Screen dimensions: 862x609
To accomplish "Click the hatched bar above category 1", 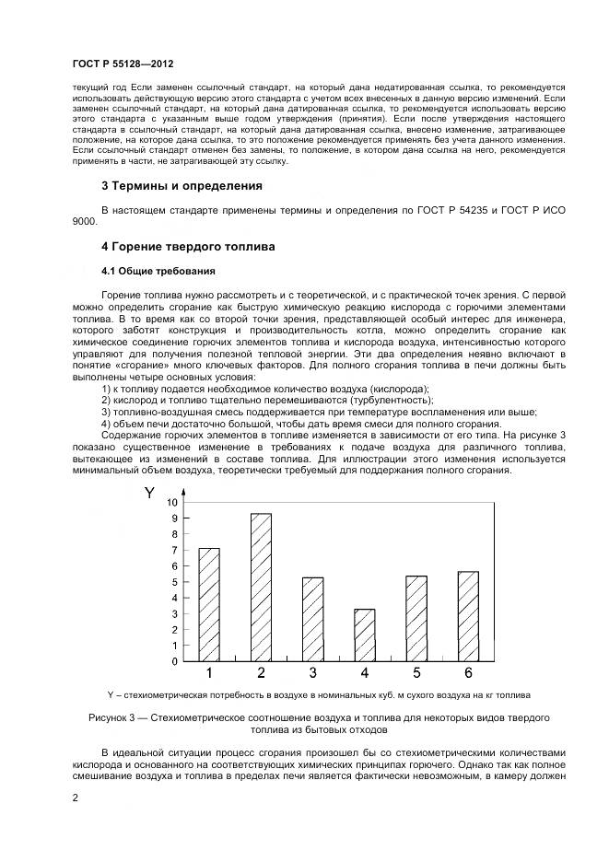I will [209, 604].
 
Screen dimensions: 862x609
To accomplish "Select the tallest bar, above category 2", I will [261, 587].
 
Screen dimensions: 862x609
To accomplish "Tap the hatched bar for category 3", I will [312, 619].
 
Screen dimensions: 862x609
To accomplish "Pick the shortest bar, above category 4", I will [365, 635].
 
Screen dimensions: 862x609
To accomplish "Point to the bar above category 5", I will [416, 618].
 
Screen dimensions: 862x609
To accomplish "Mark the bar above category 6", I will [468, 616].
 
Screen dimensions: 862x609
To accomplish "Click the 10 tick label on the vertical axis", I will [170, 503].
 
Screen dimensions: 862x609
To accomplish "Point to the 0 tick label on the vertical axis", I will [173, 661].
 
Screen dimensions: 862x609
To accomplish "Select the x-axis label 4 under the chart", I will [365, 673].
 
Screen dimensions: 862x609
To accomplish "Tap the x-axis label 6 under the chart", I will [468, 673].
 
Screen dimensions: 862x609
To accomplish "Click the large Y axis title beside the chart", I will [149, 494].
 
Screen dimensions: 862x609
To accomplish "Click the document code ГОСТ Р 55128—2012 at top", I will [123, 64].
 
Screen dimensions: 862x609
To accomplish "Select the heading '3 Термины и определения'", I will [181, 186].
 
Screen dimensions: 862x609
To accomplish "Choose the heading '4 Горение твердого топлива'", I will [187, 247].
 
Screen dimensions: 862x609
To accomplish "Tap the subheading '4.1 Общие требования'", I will [158, 271].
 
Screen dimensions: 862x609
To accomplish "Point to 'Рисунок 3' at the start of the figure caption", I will [113, 716].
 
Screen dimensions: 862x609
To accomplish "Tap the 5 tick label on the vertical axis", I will [173, 582].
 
